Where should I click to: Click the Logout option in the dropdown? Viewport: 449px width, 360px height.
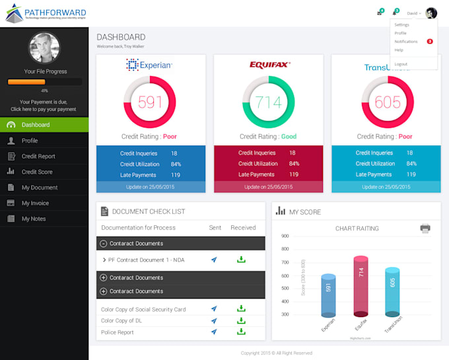401,64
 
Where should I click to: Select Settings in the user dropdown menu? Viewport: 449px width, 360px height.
402,24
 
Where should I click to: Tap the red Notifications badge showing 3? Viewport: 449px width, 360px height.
430,41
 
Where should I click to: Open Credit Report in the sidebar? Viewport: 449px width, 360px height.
38,156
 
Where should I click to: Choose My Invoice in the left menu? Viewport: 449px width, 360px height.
35,203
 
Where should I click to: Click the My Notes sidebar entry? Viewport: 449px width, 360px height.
34,219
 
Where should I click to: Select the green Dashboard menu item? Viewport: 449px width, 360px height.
35,125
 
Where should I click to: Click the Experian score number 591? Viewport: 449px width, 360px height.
150,102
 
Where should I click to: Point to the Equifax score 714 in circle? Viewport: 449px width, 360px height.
268,102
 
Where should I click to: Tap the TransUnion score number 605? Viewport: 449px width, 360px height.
387,102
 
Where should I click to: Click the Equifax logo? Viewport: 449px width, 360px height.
269,65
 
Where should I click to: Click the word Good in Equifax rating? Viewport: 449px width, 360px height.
289,137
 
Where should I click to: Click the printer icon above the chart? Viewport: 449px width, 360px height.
425,229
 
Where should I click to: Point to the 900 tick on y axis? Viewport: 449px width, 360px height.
285,236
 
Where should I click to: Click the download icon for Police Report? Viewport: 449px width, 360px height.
241,332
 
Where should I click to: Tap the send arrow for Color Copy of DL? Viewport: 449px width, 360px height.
214,320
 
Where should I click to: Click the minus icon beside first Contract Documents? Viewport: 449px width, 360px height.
103,244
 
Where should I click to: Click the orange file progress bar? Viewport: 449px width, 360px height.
26,82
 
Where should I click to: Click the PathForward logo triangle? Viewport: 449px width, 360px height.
13,13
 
